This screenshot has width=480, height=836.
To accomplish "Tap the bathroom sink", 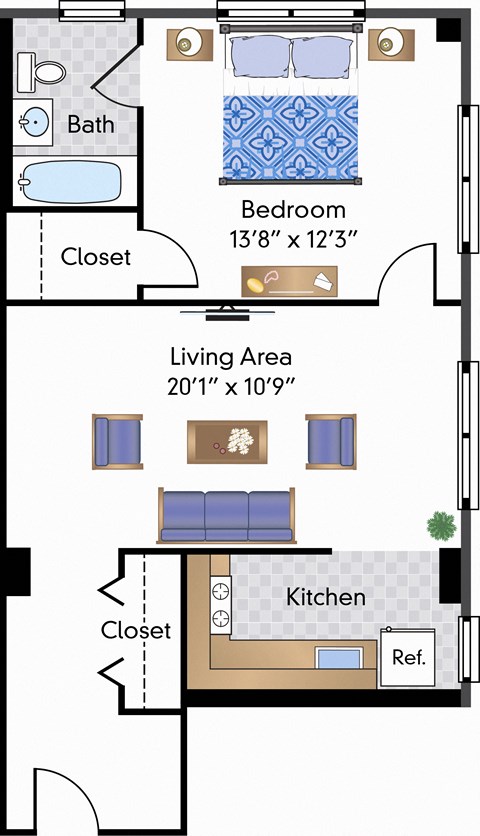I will (x=33, y=124).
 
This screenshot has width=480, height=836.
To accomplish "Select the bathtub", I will (x=70, y=182).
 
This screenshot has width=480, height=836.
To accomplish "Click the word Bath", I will (x=90, y=125).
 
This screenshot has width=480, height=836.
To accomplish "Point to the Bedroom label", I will (x=293, y=210).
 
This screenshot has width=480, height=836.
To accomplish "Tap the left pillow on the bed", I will (x=259, y=56).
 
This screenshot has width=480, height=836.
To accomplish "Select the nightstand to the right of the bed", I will (x=390, y=43).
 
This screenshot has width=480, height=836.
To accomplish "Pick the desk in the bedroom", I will (x=289, y=282).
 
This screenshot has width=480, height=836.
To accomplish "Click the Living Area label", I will (x=230, y=356).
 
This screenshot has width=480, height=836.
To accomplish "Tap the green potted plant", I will (x=440, y=524).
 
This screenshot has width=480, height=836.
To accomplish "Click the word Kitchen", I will (x=325, y=597).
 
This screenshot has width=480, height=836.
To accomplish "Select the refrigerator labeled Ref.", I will (x=407, y=657).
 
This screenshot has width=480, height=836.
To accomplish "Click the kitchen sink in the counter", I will (x=337, y=659).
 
